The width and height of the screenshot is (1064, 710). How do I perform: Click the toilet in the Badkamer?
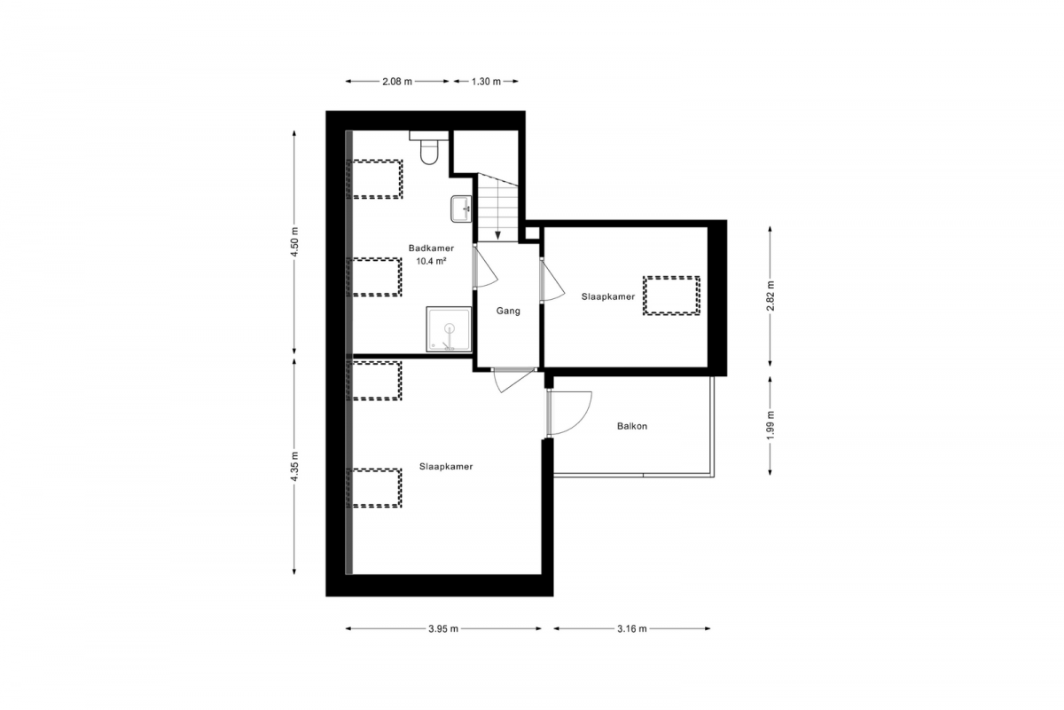point(428,147)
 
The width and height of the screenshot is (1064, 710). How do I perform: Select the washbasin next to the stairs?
point(461,209)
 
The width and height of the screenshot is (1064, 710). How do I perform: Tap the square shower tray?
point(449,329)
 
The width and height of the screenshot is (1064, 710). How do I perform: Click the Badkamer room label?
point(431,248)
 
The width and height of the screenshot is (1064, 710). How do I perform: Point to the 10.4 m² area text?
point(431,261)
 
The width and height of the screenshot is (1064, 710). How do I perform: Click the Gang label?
point(508,311)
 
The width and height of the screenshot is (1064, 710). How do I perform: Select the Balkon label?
point(632,426)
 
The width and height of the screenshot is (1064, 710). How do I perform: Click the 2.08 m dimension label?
point(397,82)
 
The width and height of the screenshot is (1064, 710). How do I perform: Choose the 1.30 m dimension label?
point(486,82)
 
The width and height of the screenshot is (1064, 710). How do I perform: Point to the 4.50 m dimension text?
point(294,242)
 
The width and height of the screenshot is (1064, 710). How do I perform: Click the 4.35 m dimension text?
point(294,466)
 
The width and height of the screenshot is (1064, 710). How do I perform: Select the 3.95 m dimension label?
point(443,628)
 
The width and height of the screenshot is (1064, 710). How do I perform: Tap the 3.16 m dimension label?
point(631,628)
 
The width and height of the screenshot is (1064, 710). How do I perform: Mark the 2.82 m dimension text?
point(770,296)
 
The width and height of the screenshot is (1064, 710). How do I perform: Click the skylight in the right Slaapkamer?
point(671,296)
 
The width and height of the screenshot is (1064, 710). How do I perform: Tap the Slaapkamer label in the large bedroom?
point(446,467)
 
